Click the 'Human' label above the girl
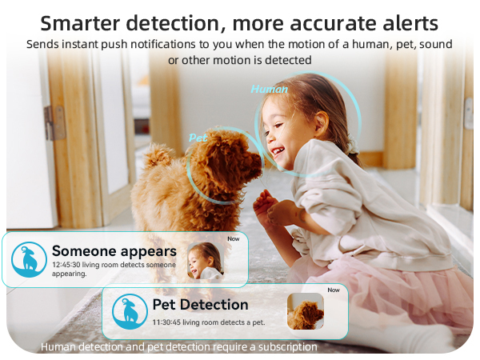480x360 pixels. click(269, 89)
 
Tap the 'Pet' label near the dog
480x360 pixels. click(198, 138)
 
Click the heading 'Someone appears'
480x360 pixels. click(114, 251)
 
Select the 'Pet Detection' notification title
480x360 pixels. click(200, 305)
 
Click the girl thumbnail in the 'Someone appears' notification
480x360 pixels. click(205, 260)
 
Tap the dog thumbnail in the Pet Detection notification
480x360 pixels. click(305, 311)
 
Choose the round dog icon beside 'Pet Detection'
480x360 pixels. click(129, 311)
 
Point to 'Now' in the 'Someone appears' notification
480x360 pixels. click(233, 238)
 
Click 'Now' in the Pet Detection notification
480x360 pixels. click(334, 290)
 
